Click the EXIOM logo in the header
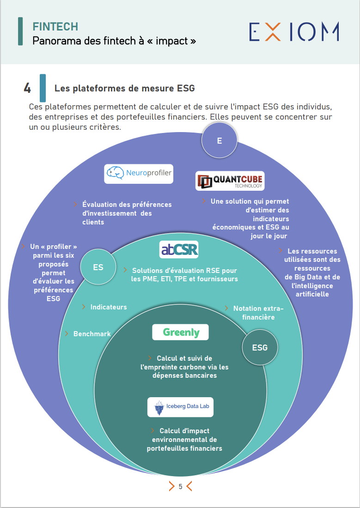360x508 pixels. point(294,31)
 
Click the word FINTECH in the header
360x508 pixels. point(55,27)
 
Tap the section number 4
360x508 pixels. point(27,88)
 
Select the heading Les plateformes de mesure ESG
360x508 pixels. point(125,88)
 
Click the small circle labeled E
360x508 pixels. point(220,140)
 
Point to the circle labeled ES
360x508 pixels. point(98,267)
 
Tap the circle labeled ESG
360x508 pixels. point(260,347)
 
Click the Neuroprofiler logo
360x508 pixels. point(139,174)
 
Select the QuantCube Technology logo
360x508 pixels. point(230,181)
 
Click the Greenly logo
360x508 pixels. point(181,332)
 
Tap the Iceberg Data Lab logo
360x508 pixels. point(181,406)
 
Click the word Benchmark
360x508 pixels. point(92,333)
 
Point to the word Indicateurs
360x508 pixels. point(109,307)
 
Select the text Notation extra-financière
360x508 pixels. point(257,313)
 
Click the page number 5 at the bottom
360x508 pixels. point(180,486)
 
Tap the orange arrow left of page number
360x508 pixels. point(171,486)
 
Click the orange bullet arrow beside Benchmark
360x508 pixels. point(67,333)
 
